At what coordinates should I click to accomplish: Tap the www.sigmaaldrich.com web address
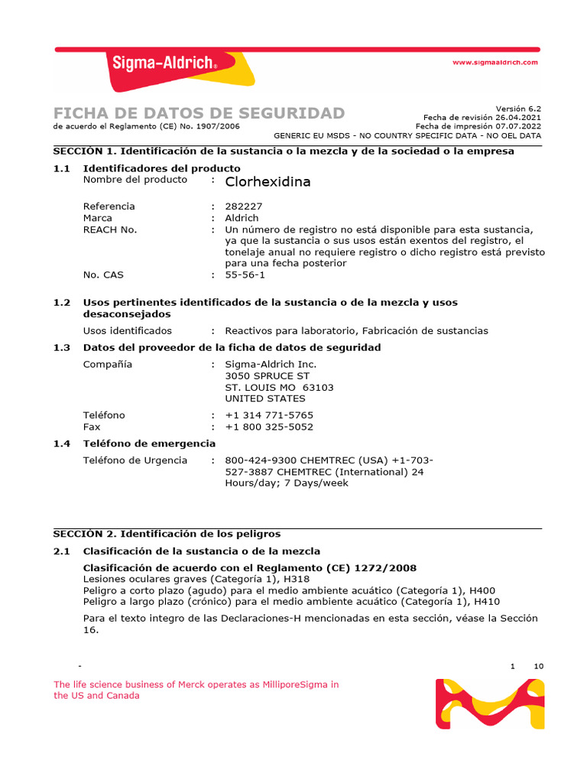pyautogui.click(x=495, y=62)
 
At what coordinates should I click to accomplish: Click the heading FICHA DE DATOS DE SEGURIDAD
pyautogui.click(x=199, y=113)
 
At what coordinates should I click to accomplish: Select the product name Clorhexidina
pyautogui.click(x=268, y=182)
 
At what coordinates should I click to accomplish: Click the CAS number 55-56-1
pyautogui.click(x=245, y=275)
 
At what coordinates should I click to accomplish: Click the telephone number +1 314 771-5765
pyautogui.click(x=269, y=415)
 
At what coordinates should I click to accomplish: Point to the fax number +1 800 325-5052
pyautogui.click(x=269, y=427)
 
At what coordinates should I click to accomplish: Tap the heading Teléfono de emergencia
pyautogui.click(x=149, y=443)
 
